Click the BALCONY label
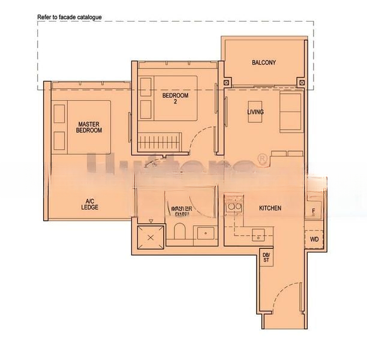pyautogui.click(x=264, y=62)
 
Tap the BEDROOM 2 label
pyautogui.click(x=175, y=98)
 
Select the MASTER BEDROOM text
pyautogui.click(x=89, y=127)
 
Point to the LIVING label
pyautogui.click(x=255, y=112)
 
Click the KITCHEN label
pyautogui.click(x=270, y=208)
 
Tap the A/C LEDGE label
pyautogui.click(x=90, y=204)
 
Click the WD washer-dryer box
pyautogui.click(x=314, y=239)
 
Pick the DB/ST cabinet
pyautogui.click(x=266, y=257)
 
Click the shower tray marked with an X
pyautogui.click(x=150, y=236)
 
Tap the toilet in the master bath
pyautogui.click(x=179, y=233)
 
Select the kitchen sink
pyautogui.click(x=258, y=232)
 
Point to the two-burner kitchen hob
pyautogui.click(x=233, y=208)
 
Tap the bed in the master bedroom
pyautogui.click(x=89, y=126)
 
